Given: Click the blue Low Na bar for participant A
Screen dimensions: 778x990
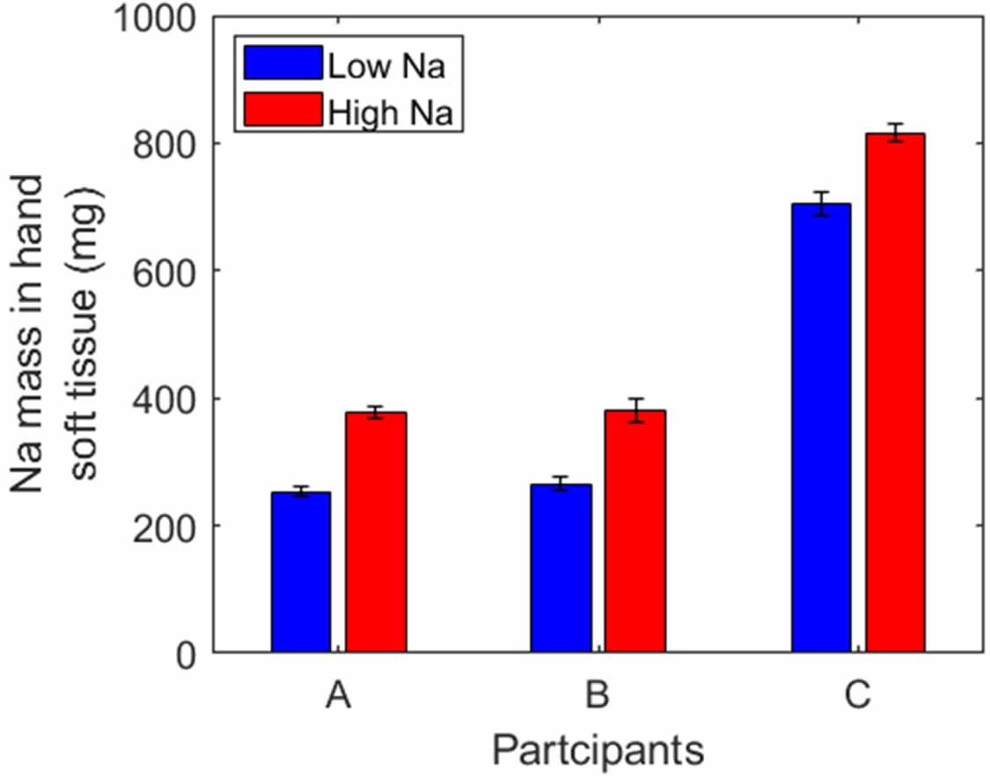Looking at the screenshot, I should pyautogui.click(x=301, y=572).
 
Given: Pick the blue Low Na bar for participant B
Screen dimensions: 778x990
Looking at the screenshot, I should pyautogui.click(x=561, y=569).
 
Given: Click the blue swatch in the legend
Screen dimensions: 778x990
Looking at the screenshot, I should pyautogui.click(x=284, y=64).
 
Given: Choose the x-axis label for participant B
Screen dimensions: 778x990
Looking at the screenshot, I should pyautogui.click(x=598, y=697).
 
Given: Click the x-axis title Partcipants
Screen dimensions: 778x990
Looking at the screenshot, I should pyautogui.click(x=598, y=751).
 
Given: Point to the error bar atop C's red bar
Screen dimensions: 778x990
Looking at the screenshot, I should pyautogui.click(x=895, y=133).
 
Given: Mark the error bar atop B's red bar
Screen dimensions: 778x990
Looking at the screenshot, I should pyautogui.click(x=634, y=410).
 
